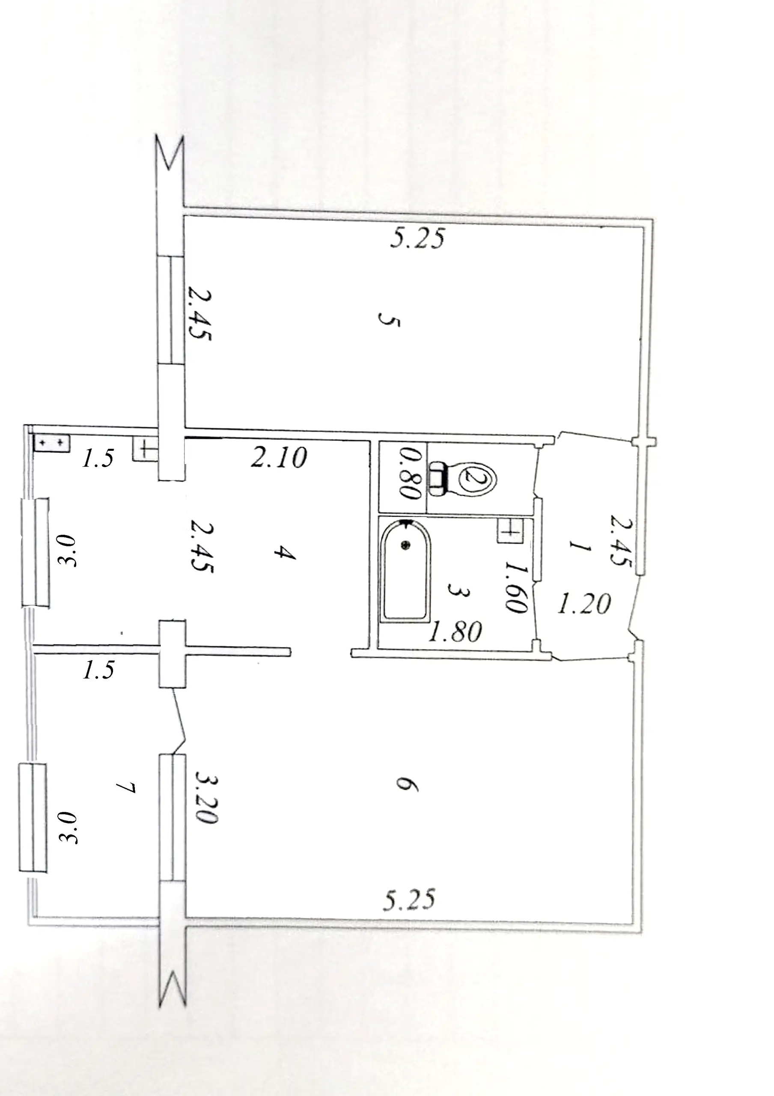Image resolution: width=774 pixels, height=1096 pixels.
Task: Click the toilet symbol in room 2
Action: pos(463,478)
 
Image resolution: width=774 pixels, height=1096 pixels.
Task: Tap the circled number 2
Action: pos(477,478)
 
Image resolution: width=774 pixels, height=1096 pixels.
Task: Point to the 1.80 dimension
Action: pos(455,632)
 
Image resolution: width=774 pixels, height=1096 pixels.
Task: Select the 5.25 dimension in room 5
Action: pos(417,238)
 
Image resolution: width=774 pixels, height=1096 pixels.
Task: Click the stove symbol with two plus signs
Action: pos(52,444)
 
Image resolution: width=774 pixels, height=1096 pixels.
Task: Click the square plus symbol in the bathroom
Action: pos(510,531)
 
